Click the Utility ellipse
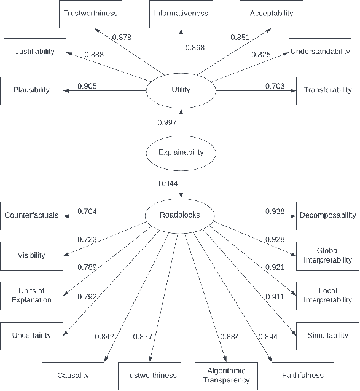(181, 90)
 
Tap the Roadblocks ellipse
(181, 215)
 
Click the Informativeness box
(181, 13)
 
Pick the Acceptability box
(272, 13)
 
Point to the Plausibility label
(31, 90)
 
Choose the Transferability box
(328, 90)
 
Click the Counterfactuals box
(31, 215)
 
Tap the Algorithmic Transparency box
(226, 375)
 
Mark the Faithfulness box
(302, 375)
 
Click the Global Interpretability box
(328, 255)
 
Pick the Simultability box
(328, 336)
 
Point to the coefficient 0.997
(167, 123)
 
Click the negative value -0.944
(167, 183)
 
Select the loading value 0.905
(87, 85)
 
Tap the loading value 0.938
(275, 211)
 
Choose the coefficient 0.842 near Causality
(104, 336)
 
